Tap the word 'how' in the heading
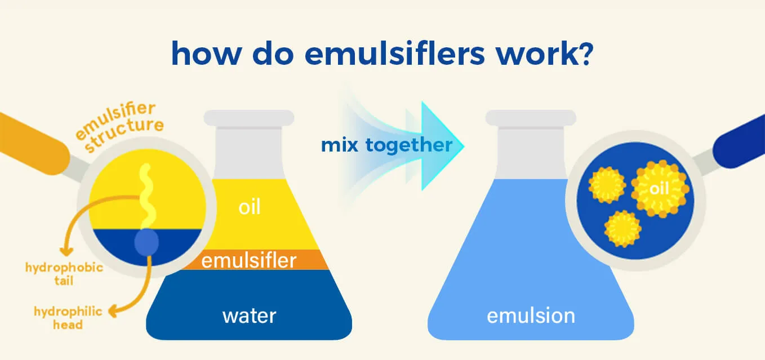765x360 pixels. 207,54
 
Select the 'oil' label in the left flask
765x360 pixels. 250,207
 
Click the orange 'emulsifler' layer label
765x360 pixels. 249,260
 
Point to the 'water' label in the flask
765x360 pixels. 250,316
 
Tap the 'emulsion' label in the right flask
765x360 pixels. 531,315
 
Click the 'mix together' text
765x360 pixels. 387,145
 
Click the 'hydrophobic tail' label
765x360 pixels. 64,274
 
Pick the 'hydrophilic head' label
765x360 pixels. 68,318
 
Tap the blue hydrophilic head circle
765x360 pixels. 146,242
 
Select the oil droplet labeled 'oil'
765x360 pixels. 660,189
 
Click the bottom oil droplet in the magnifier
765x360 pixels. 622,229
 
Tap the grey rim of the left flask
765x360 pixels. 249,118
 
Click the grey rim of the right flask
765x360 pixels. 531,118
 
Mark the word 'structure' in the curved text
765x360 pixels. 124,134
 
